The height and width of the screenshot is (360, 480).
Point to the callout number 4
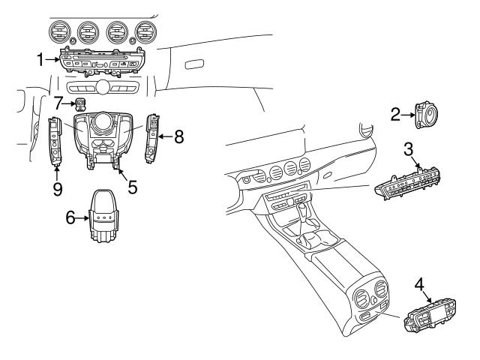point(421,286)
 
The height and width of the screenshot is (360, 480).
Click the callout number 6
point(71,218)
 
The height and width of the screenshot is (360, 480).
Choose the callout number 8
point(179,137)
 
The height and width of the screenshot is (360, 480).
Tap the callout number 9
point(57,188)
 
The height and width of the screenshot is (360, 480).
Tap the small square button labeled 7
point(80,103)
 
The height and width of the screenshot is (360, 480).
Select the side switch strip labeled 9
point(55,141)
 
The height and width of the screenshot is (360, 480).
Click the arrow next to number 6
point(84,218)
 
